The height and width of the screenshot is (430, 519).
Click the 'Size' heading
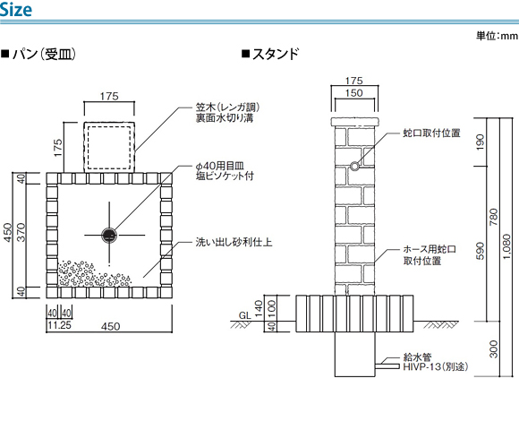coord(15,10)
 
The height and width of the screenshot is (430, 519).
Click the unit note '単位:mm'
coord(498,36)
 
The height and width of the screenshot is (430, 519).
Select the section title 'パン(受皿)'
coord(44,54)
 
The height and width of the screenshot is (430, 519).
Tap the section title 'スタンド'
coord(276,54)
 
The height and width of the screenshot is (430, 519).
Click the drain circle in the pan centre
coord(109,236)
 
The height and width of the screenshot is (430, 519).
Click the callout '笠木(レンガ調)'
coord(227,107)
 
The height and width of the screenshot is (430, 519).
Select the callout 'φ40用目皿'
coord(220,166)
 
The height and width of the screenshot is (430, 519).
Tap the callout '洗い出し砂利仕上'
coord(234,242)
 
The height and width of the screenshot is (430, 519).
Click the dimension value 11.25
coord(60,325)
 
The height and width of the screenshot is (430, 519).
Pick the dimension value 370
coord(21,233)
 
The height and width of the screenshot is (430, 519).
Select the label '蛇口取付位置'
coord(431,133)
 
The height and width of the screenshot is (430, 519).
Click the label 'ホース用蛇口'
coord(430,249)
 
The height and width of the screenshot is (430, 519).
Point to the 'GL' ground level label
coord(245,315)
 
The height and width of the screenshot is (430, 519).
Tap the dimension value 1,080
coord(506,247)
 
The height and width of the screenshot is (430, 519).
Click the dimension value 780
coord(493,217)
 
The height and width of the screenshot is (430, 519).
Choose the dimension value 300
coord(493,348)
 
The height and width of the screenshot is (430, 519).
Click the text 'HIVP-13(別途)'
coord(436,366)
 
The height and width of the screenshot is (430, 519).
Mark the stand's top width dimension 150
coord(354,93)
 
